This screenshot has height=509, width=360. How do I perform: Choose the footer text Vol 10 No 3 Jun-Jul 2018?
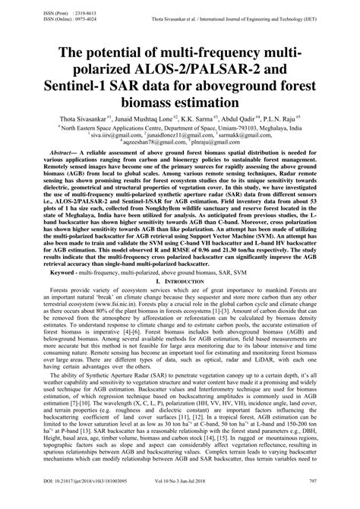(x=194, y=502)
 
